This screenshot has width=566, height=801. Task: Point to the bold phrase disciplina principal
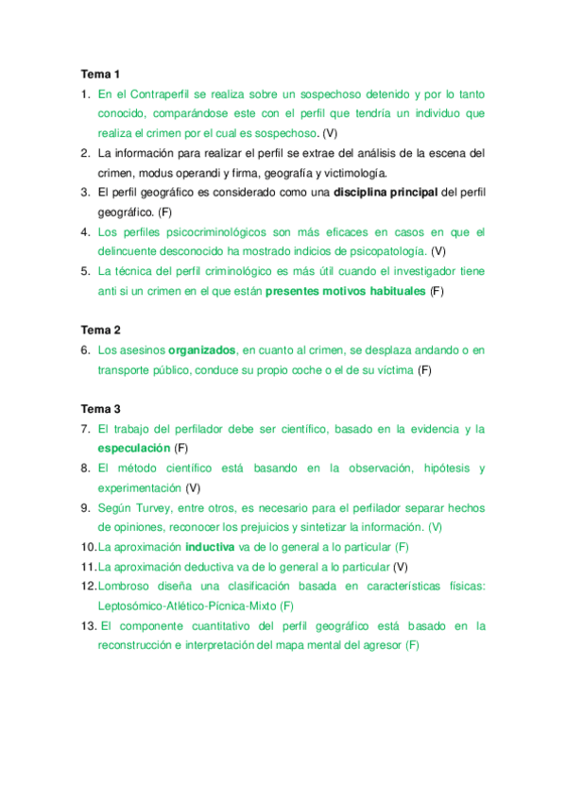pos(386,193)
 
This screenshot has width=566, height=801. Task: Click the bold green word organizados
pos(201,350)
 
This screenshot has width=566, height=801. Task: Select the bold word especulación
pos(133,448)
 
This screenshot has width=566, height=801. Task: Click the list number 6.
pos(85,350)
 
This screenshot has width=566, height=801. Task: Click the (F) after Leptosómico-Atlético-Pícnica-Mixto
pos(286,605)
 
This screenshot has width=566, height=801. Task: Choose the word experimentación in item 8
pos(138,487)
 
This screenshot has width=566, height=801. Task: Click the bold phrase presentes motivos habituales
pos(345,291)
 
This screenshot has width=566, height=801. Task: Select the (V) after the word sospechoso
pos(330,133)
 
